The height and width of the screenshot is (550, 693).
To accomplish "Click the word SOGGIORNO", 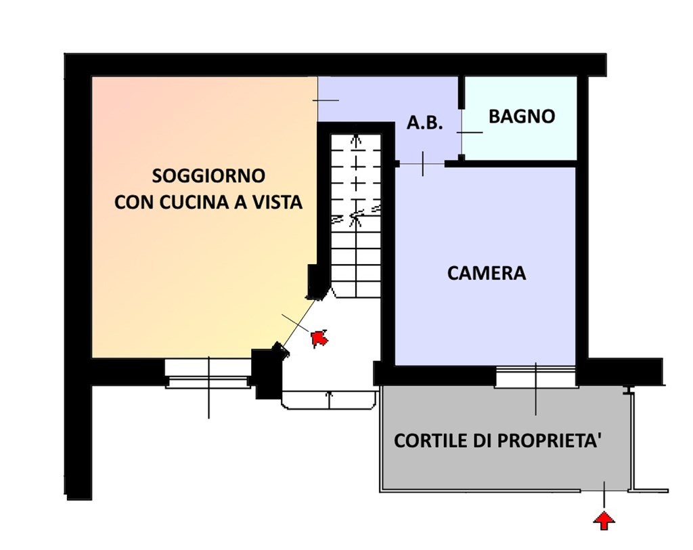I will point(208,175).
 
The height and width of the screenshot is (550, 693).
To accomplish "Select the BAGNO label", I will point(522,117).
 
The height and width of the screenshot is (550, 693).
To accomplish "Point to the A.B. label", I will point(424,123).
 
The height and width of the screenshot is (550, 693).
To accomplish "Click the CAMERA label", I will point(487,274).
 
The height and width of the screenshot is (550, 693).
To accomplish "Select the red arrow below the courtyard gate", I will point(604,520).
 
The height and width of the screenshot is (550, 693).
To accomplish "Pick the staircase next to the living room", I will point(356,210).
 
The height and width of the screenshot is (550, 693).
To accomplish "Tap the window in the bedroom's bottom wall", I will point(535,377).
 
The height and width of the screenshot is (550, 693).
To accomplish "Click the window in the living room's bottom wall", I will point(208,373).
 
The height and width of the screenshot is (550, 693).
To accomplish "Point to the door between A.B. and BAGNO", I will point(462,132).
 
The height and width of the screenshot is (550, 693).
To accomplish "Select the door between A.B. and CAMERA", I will point(422,164).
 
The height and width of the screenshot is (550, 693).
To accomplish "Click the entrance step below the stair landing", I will point(329,400).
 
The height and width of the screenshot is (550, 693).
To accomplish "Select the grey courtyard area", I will point(504,467).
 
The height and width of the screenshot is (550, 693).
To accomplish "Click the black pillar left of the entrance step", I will point(266,373).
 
